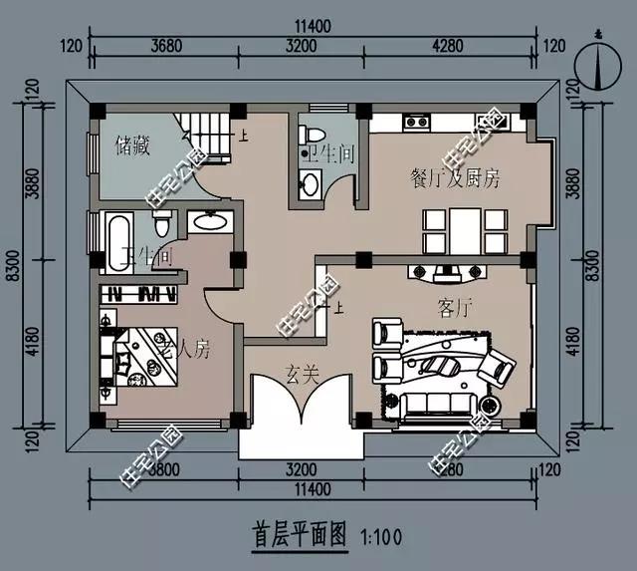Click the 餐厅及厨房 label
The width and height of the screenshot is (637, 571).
coord(454,179)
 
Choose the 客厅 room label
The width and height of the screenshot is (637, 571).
coord(453,306)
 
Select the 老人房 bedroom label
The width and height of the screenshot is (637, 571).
coord(184,349)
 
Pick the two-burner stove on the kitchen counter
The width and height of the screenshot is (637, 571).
coord(416,123)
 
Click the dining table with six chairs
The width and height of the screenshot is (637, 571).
coord(454,229)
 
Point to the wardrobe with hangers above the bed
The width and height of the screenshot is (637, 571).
coord(140,294)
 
